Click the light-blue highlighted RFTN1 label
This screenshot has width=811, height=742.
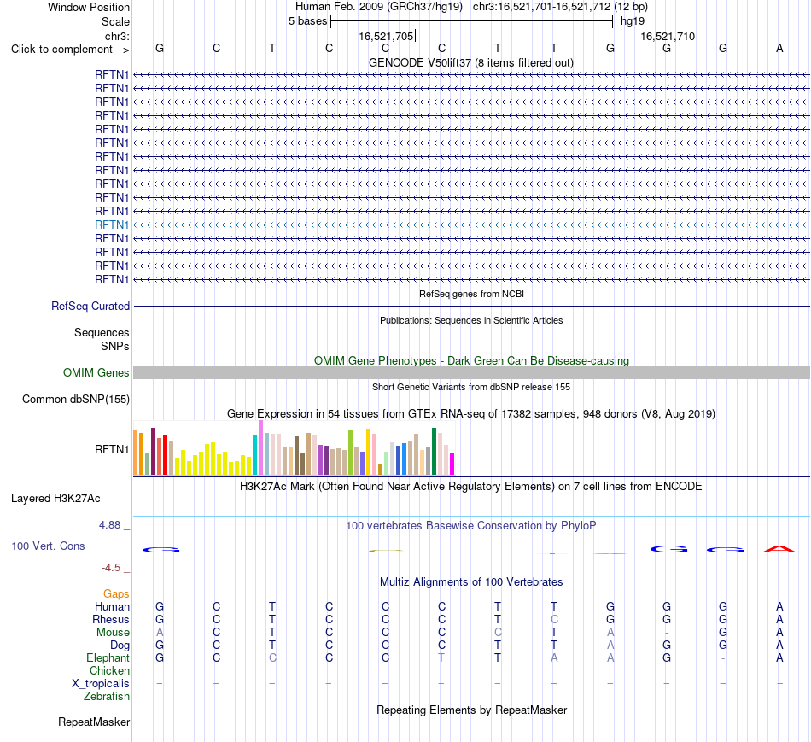pos(112,225)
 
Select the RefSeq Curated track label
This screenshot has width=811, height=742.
pos(90,307)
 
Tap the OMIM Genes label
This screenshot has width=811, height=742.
pos(96,372)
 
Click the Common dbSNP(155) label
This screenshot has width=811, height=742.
pos(76,400)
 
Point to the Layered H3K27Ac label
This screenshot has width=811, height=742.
pos(55,499)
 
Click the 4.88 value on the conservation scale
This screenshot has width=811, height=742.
pos(109,525)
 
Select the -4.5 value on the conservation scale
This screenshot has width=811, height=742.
pos(111,568)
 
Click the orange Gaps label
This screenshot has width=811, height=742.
pos(116,594)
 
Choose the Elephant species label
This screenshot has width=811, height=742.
pos(108,658)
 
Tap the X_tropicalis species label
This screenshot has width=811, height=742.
pos(101,684)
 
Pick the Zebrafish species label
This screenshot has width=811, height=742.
pos(107,697)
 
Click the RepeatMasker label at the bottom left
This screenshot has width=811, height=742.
pos(94,722)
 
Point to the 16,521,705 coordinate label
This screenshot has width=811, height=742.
pos(387,36)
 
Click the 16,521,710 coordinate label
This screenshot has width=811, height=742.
pos(668,36)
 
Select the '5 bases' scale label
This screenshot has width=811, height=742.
pos(307,21)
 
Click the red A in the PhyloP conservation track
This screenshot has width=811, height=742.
pos(779,549)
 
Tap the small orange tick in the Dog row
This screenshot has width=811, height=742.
pos(697,644)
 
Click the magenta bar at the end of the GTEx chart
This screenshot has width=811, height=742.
pos(452,464)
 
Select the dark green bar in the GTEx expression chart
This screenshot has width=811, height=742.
pos(434,451)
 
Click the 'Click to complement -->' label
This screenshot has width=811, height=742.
pos(70,50)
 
